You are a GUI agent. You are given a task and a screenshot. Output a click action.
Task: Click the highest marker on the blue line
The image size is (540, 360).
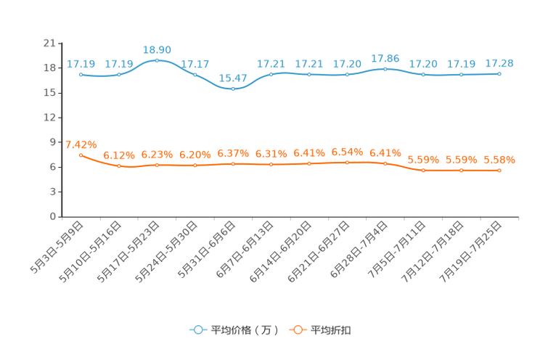[157, 60]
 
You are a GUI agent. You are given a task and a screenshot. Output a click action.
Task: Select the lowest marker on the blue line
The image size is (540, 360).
[232, 88]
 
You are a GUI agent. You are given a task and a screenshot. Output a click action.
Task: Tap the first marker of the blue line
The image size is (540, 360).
[81, 74]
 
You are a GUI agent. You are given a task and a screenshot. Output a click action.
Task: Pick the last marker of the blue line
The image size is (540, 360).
[499, 73]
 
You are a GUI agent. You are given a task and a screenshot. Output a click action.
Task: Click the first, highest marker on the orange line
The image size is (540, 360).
[81, 155]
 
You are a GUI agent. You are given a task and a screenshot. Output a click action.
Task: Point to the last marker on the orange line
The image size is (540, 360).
[499, 170]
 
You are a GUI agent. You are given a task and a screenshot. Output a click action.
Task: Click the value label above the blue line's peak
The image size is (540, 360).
[157, 49]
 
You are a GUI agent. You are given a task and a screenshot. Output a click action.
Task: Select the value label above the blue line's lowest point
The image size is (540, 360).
[232, 77]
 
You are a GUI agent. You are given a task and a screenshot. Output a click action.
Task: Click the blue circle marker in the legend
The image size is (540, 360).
[197, 330]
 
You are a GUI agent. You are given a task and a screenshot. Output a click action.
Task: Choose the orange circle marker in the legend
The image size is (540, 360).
[296, 330]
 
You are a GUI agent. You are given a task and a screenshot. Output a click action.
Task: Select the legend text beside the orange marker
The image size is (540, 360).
[332, 330]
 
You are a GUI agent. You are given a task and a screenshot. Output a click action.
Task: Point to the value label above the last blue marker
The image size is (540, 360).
[499, 63]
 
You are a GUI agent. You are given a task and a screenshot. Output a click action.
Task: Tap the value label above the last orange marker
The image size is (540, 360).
[499, 159]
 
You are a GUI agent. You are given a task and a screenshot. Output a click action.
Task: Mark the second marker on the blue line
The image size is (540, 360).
[119, 74]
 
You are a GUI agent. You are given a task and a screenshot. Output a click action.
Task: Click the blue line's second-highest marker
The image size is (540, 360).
[385, 68]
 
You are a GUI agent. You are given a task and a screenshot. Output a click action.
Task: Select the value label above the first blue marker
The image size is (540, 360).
[81, 64]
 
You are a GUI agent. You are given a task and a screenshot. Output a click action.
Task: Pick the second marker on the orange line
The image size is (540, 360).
[119, 166]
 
